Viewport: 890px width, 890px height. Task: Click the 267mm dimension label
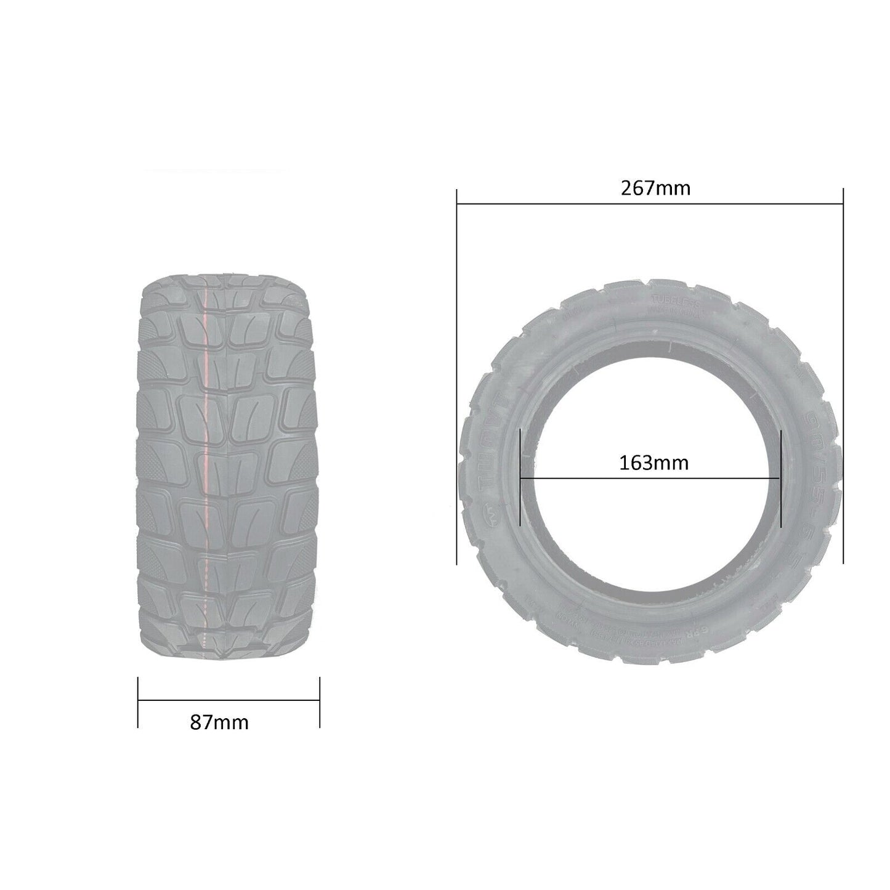655,188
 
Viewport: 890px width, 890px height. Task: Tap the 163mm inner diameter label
653,463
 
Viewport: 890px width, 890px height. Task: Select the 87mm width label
219,722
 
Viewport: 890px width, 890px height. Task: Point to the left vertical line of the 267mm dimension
456,376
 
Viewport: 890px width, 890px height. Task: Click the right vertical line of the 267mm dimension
843,376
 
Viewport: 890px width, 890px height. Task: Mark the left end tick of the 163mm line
521,477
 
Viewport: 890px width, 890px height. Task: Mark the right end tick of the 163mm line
780,477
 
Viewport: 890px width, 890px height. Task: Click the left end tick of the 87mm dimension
138,702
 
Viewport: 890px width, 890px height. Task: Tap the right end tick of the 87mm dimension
320,702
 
